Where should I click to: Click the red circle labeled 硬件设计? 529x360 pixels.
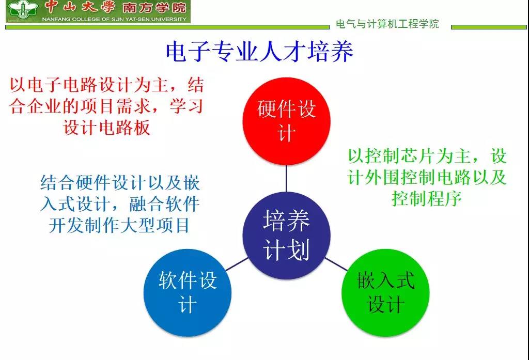click(x=286, y=121)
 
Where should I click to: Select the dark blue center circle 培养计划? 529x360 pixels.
click(x=286, y=236)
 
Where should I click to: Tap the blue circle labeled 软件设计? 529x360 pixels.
click(x=188, y=293)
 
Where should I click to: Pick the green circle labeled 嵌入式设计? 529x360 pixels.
click(x=385, y=293)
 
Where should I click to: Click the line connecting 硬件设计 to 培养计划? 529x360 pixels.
click(x=286, y=179)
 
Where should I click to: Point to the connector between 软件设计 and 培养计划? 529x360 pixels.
click(x=237, y=264)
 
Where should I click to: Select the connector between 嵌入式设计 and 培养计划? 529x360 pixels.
click(x=336, y=264)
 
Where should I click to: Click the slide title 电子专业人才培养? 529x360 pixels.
click(x=259, y=52)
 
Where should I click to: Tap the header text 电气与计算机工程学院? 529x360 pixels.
click(x=387, y=24)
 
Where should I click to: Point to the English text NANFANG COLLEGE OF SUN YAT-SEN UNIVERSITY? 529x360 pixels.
click(x=114, y=19)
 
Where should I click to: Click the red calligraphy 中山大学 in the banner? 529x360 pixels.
click(x=80, y=7)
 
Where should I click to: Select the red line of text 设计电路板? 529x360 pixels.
click(x=106, y=128)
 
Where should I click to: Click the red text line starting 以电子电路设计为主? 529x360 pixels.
click(x=106, y=85)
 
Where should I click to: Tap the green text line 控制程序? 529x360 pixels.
click(x=427, y=198)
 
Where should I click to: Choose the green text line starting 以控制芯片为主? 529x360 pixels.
click(x=427, y=156)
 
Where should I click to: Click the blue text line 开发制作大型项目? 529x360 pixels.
click(x=119, y=225)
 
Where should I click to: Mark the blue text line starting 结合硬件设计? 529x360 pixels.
click(x=120, y=183)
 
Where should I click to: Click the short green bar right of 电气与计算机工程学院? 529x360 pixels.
click(x=489, y=27)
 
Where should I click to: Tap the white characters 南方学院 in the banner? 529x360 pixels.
click(x=154, y=8)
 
